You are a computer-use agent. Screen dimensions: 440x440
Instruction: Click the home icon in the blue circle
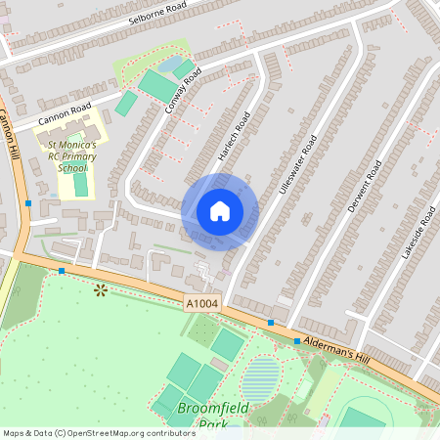tap(220, 211)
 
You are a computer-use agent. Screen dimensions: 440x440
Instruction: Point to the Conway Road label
tap(183, 89)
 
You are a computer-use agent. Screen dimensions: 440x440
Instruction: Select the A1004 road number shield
tap(200, 306)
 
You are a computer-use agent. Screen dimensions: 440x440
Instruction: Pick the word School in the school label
tap(72, 168)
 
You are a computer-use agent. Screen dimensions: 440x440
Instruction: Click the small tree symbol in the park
tap(99, 289)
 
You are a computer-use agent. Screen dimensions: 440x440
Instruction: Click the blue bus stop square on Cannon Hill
tap(28, 203)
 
